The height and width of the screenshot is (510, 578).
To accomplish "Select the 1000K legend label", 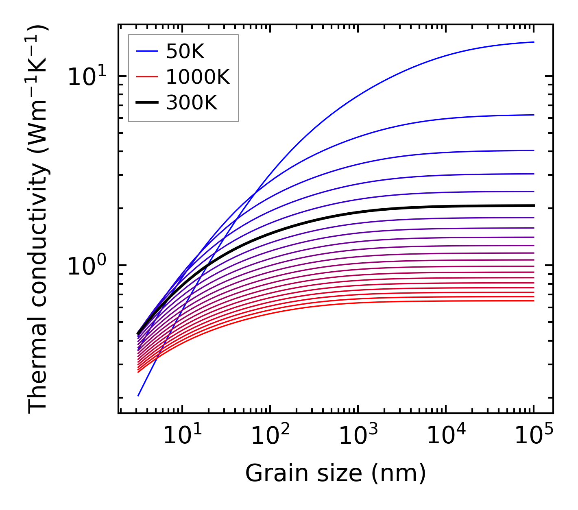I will pos(198,77).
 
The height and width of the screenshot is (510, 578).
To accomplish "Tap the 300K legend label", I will pos(192,102).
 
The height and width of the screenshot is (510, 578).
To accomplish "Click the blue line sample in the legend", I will pos(146,51).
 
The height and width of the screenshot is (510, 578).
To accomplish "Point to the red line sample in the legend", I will pos(146,77).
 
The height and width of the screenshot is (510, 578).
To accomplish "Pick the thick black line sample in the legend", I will pos(146,102).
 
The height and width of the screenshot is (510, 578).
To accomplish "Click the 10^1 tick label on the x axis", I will pos(181,436).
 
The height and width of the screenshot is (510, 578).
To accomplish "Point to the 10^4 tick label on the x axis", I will pos(445,436).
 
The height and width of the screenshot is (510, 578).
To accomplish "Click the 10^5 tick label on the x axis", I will pos(533,436).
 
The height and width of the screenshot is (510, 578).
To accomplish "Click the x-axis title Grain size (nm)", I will pos(336,473).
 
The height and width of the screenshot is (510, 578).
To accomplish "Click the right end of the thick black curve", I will pos(533,206).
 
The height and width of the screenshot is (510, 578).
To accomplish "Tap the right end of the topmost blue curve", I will pos(533,42).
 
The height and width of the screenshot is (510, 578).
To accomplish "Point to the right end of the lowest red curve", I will pos(533,301).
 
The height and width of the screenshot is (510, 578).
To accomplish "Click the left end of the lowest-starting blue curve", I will pos(138,396).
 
